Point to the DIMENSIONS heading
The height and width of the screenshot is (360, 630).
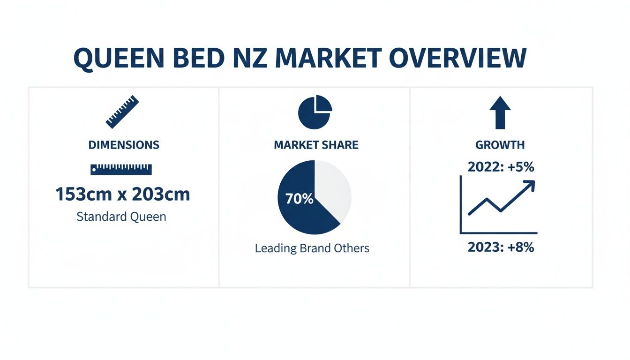click(x=124, y=145)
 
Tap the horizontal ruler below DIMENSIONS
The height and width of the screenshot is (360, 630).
click(x=121, y=169)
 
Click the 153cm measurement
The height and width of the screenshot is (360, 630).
click(x=82, y=194)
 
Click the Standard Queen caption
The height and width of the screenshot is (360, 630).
click(x=121, y=217)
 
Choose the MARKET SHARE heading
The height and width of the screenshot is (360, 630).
click(x=316, y=145)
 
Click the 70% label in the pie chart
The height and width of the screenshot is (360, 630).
click(x=299, y=199)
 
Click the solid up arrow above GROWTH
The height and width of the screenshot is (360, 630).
click(x=500, y=112)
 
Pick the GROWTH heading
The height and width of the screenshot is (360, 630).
click(x=500, y=145)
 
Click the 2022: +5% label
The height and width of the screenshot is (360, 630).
click(x=501, y=167)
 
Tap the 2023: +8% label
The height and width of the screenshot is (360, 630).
click(x=501, y=247)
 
